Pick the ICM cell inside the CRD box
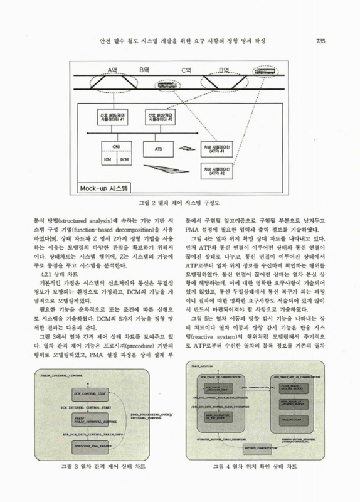(107, 159)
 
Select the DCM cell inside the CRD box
(125, 159)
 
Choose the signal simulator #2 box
(161, 118)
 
